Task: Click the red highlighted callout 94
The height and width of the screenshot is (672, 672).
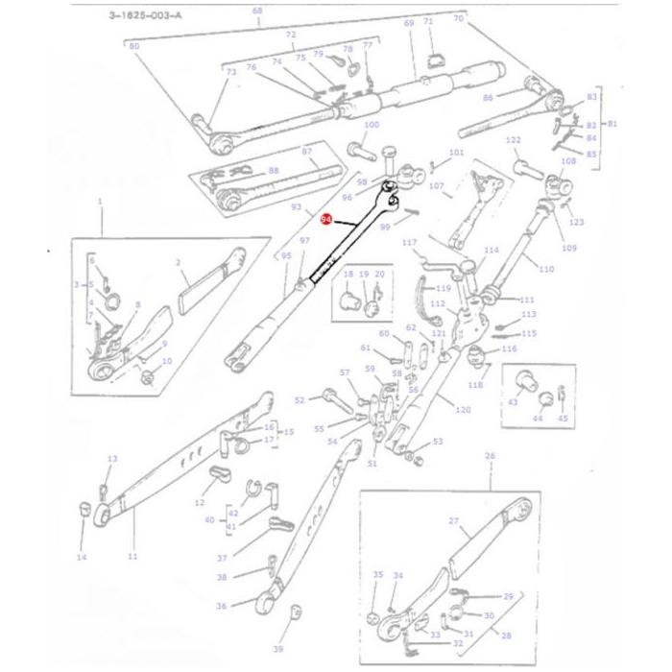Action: tap(326, 220)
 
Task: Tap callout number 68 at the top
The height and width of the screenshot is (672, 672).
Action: tap(256, 11)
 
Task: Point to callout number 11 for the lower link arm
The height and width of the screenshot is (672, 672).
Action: tap(132, 557)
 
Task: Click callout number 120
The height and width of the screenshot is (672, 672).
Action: tap(463, 410)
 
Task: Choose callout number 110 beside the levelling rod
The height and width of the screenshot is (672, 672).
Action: tap(546, 269)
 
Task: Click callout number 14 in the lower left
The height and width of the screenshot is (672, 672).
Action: tap(82, 557)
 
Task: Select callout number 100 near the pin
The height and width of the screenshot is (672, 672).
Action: tap(371, 126)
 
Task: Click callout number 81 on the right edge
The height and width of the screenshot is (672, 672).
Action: tap(613, 124)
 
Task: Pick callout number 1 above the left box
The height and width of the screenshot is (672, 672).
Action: tap(100, 201)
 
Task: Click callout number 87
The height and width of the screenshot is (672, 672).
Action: tap(307, 152)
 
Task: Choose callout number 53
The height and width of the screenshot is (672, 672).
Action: tap(437, 442)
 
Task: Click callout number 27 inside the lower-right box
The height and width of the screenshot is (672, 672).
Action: tap(455, 520)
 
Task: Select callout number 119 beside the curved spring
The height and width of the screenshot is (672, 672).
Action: tap(443, 288)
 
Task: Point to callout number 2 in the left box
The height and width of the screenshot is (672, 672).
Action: tap(179, 261)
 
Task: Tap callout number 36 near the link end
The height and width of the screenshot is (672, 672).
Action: tap(222, 606)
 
